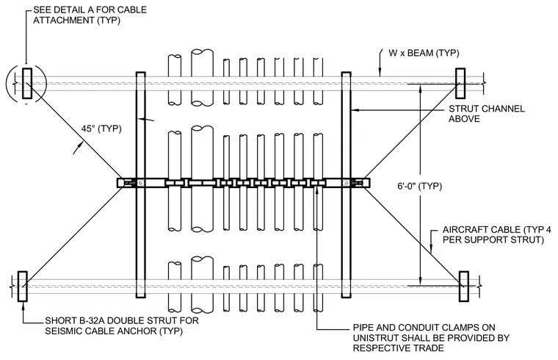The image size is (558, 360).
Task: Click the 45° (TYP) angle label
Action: click(x=101, y=129)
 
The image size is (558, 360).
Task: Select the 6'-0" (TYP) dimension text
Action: click(x=419, y=186)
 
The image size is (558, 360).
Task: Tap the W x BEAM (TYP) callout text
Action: click(x=424, y=53)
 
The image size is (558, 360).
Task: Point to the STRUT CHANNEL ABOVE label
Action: click(x=487, y=114)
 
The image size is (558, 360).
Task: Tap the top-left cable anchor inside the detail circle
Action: click(x=27, y=83)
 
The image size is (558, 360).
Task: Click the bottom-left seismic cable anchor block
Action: click(x=23, y=287)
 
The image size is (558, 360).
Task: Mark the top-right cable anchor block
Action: click(x=460, y=83)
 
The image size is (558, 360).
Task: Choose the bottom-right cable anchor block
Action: click(x=464, y=287)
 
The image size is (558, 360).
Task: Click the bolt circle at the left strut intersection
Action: click(x=141, y=183)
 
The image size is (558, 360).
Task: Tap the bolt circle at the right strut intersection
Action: click(x=347, y=183)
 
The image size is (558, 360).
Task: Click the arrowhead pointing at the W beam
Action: click(x=380, y=73)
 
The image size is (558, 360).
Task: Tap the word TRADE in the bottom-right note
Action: click(x=430, y=348)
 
